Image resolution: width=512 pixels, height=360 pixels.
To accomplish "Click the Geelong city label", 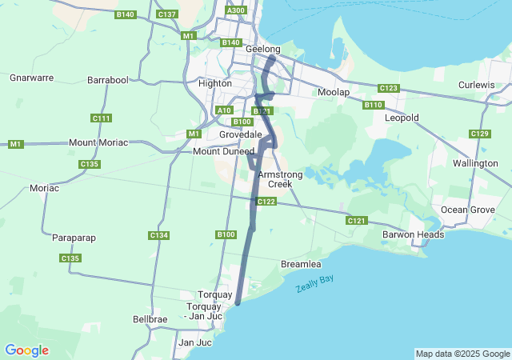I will [263, 49].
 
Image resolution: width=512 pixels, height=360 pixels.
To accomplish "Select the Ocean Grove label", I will [465, 210].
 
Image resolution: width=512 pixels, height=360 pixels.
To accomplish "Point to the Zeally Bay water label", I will [314, 282].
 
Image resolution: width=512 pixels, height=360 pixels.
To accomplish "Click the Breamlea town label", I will [302, 264].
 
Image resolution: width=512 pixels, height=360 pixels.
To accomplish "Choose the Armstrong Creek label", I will [274, 179].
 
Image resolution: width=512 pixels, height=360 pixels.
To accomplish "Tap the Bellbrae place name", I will [150, 319].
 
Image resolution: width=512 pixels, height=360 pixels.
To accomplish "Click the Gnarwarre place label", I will [31, 78].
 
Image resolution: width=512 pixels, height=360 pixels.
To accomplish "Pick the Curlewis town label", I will [478, 85].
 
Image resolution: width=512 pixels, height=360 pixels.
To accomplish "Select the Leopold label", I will [402, 118].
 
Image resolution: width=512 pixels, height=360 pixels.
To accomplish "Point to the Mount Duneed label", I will [223, 150].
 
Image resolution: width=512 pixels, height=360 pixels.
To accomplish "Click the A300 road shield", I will [236, 10].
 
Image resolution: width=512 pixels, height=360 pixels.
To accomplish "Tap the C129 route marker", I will [480, 134].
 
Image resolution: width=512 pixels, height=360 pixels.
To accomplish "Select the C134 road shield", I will [158, 235].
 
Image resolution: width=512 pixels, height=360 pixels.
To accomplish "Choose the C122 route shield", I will [266, 202].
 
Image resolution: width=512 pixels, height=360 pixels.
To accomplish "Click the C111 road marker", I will [102, 118].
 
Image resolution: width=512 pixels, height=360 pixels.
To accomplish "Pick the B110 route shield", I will [374, 105].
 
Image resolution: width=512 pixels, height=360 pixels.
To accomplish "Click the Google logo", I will [26, 350].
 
